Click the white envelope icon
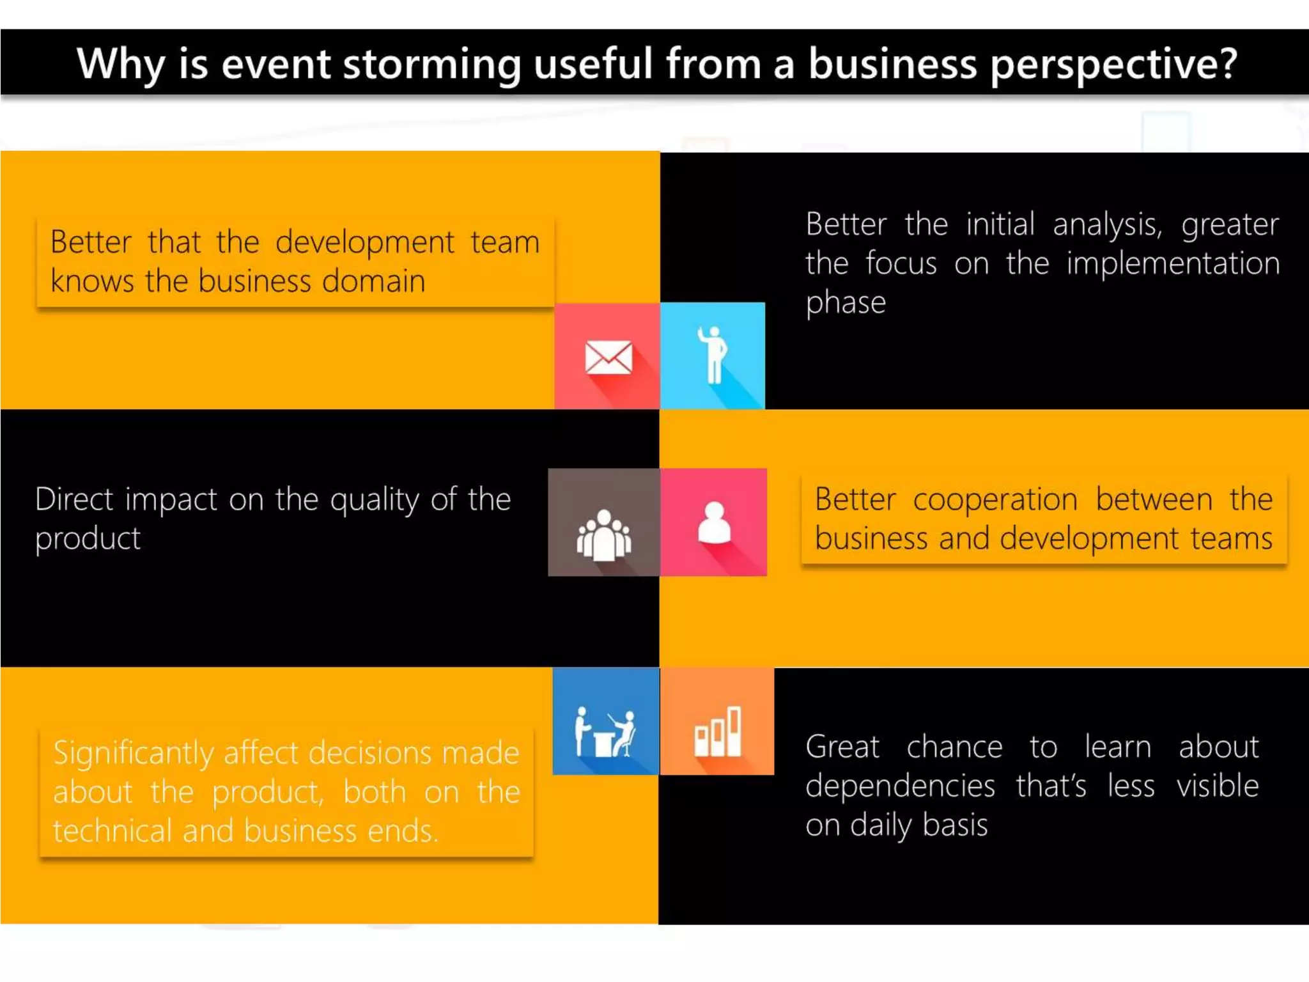tap(608, 357)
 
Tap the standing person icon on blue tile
tap(713, 355)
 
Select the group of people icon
tap(604, 536)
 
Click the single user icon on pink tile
tap(714, 523)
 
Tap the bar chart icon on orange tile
tap(718, 733)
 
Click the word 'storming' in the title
tap(432, 65)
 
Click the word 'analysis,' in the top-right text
tap(1108, 224)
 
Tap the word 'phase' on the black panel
tap(845, 302)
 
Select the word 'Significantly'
tap(133, 753)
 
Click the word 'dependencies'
tap(900, 786)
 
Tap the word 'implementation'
tap(1173, 263)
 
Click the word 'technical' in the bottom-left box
tap(112, 831)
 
